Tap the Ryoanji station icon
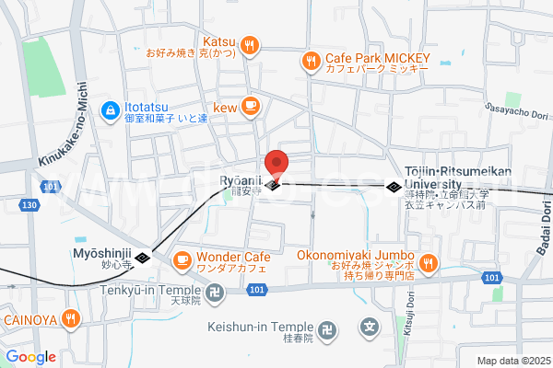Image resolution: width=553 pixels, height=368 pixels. pyautogui.click(x=274, y=187)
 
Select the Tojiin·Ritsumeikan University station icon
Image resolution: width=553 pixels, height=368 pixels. pyautogui.click(x=394, y=187)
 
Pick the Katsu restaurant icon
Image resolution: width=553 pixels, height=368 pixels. pyautogui.click(x=250, y=43)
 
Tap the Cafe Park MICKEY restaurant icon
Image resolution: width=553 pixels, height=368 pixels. pyautogui.click(x=310, y=62)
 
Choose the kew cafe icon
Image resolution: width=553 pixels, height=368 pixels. pyautogui.click(x=250, y=107)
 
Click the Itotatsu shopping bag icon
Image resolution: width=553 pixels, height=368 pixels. pyautogui.click(x=110, y=109)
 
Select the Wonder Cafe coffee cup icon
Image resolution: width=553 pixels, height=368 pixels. pyautogui.click(x=182, y=259)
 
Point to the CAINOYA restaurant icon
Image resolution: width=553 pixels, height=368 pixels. pyautogui.click(x=72, y=320)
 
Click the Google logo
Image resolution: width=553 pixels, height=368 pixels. pyautogui.click(x=30, y=357)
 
